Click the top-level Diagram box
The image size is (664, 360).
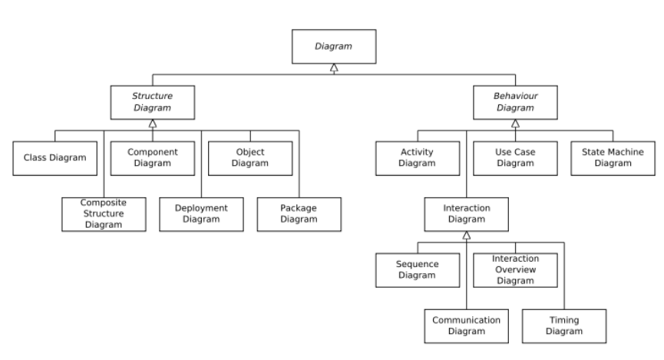point(332,47)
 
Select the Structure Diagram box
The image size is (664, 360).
point(153,103)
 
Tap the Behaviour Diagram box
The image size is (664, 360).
point(514,103)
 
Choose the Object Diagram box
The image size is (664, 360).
point(249,158)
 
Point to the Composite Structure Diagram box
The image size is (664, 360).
point(103,214)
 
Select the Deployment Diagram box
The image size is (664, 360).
point(201,214)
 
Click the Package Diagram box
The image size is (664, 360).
point(298,214)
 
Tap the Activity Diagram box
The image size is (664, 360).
point(418,158)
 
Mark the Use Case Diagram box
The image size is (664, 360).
point(514,158)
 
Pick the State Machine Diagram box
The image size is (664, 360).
point(613,158)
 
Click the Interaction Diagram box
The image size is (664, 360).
point(466,214)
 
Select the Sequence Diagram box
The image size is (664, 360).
point(418,269)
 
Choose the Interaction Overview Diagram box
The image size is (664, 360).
point(515,269)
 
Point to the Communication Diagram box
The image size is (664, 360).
point(466,325)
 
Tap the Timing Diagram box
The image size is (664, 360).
point(564,325)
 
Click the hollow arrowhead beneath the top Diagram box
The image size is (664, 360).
point(332,69)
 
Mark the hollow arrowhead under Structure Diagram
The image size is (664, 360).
point(153,124)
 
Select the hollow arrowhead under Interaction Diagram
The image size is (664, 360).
point(466,236)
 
